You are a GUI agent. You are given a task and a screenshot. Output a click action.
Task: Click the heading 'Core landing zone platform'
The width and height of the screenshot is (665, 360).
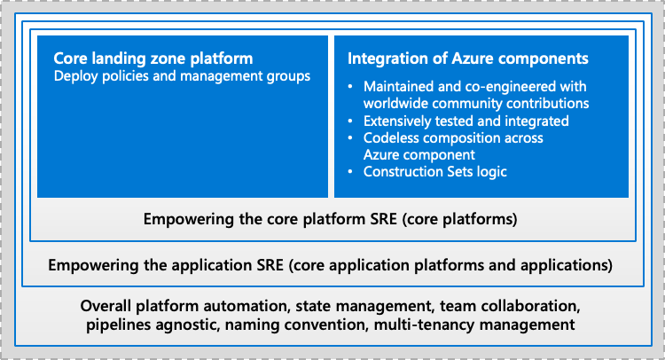coord(153,59)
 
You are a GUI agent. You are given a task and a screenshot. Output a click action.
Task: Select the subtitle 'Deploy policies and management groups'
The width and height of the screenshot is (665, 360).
coord(182,76)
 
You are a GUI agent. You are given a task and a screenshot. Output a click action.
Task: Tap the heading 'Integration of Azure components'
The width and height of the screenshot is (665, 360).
coord(468,59)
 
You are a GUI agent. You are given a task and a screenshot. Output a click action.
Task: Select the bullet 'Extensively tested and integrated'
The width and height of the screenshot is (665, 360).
coord(465,120)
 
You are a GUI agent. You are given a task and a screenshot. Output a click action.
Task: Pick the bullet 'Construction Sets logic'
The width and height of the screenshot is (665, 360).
coord(434,171)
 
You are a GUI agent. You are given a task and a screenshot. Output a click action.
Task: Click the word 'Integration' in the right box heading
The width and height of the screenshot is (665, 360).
coord(385,59)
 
